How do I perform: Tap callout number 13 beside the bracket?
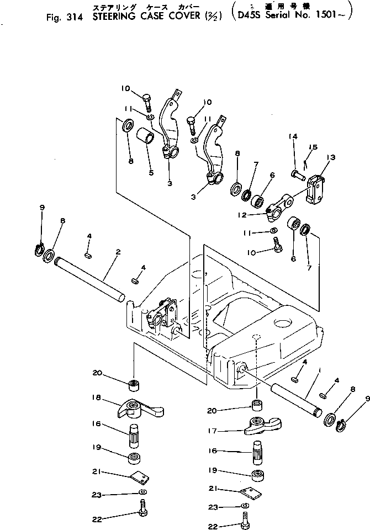pos(331,158)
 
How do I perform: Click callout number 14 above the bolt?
pos(293,136)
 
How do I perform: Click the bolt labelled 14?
pos(298,176)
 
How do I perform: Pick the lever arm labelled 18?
pos(141,409)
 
